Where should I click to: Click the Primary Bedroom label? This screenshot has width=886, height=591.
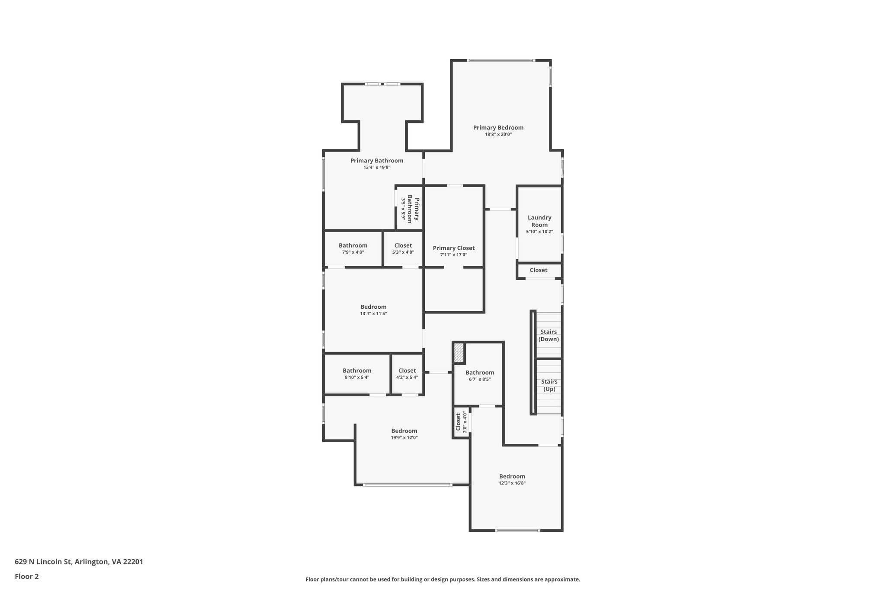498,128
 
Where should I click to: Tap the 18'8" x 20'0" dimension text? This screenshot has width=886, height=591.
498,135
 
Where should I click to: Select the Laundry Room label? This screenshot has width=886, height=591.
539,221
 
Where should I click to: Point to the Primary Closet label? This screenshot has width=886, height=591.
453,248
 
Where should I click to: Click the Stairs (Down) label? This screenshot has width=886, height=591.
549,336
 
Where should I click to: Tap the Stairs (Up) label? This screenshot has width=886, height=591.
549,385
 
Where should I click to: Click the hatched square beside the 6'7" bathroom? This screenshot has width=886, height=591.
459,353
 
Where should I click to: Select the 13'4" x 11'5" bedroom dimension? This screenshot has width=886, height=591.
373,314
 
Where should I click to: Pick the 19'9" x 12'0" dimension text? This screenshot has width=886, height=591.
404,438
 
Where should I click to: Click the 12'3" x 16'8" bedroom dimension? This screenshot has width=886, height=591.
512,483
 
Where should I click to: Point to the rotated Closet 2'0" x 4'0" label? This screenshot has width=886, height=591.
461,422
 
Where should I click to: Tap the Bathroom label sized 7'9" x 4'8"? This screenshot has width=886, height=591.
353,245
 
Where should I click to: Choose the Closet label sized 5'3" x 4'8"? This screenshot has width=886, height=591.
403,245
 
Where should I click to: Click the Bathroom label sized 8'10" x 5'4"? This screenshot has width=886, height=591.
357,371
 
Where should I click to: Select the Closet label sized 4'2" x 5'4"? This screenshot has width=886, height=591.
407,371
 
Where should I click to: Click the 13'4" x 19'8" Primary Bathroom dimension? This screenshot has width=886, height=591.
377,168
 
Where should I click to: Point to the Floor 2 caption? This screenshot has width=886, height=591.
27,577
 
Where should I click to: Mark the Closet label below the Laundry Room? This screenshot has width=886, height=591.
538,270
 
